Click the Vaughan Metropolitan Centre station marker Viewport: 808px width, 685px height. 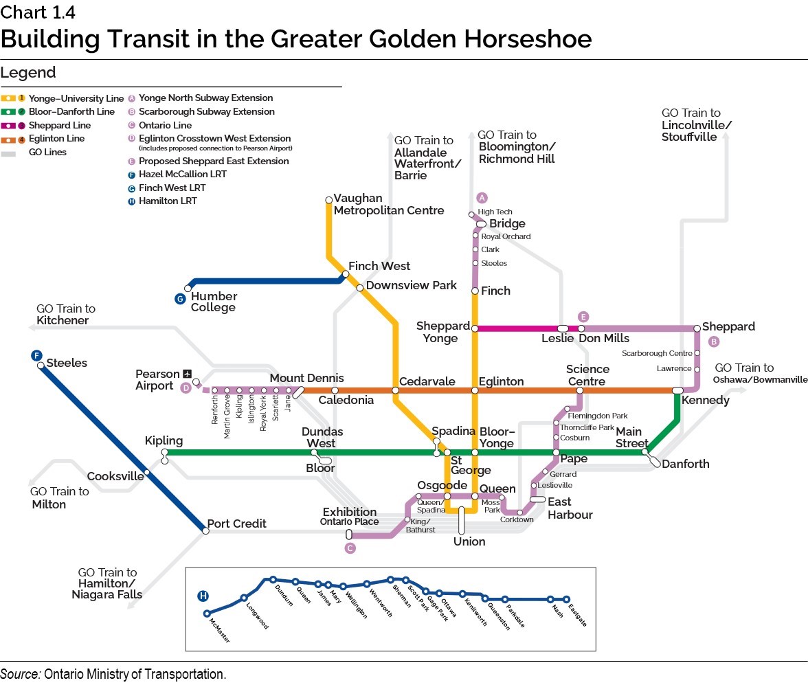329,200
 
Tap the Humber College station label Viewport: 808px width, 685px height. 214,302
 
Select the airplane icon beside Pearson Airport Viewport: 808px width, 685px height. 187,374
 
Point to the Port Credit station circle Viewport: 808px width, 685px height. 205,530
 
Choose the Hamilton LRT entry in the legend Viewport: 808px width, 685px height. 168,201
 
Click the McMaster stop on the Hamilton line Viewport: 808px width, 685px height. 207,614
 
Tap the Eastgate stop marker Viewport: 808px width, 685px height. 567,599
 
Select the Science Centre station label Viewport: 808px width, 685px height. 587,375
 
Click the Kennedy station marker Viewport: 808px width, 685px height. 677,390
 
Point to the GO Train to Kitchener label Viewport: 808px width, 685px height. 66,315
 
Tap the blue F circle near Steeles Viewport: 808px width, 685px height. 36,355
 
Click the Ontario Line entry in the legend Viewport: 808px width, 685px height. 165,125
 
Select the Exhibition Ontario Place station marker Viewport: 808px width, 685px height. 349,534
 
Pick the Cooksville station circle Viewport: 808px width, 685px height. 146,472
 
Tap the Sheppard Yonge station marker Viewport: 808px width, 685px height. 475,328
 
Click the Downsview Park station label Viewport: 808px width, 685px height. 411,285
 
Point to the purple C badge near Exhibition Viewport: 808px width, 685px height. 350,548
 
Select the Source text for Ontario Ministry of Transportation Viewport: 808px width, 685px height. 113,674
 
